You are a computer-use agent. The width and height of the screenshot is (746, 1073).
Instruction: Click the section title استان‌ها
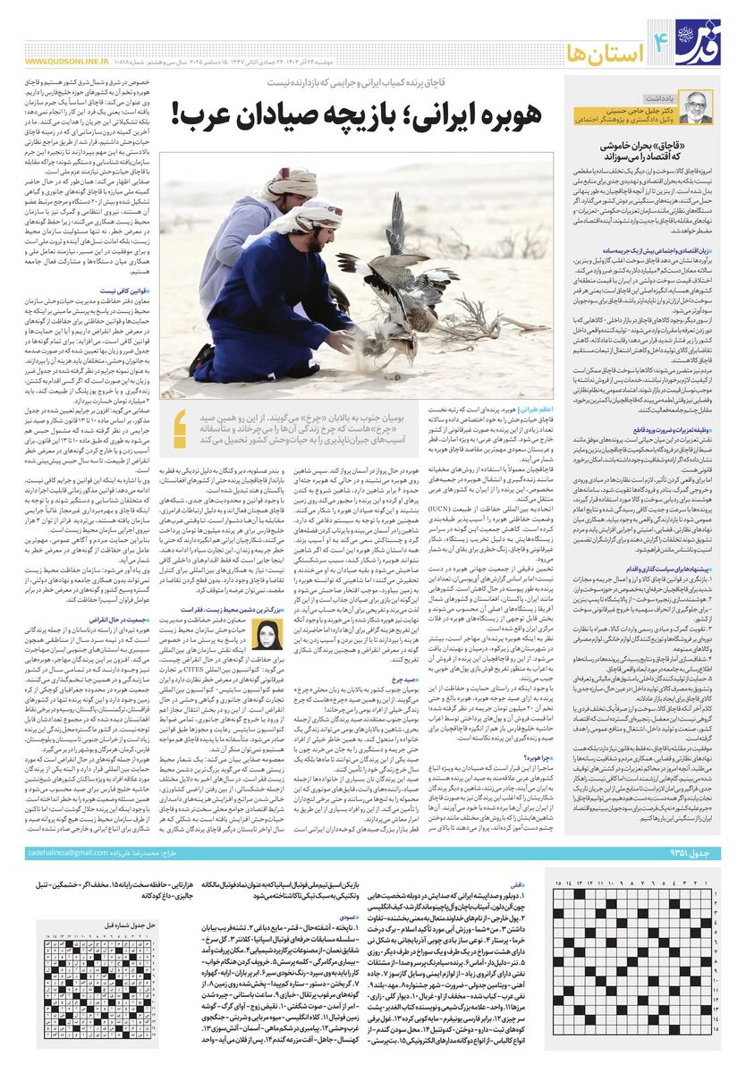[x=616, y=43]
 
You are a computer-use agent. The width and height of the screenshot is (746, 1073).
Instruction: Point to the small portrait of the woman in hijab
[x=268, y=635]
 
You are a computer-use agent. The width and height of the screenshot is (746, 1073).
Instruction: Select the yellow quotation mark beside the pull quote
[x=180, y=427]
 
